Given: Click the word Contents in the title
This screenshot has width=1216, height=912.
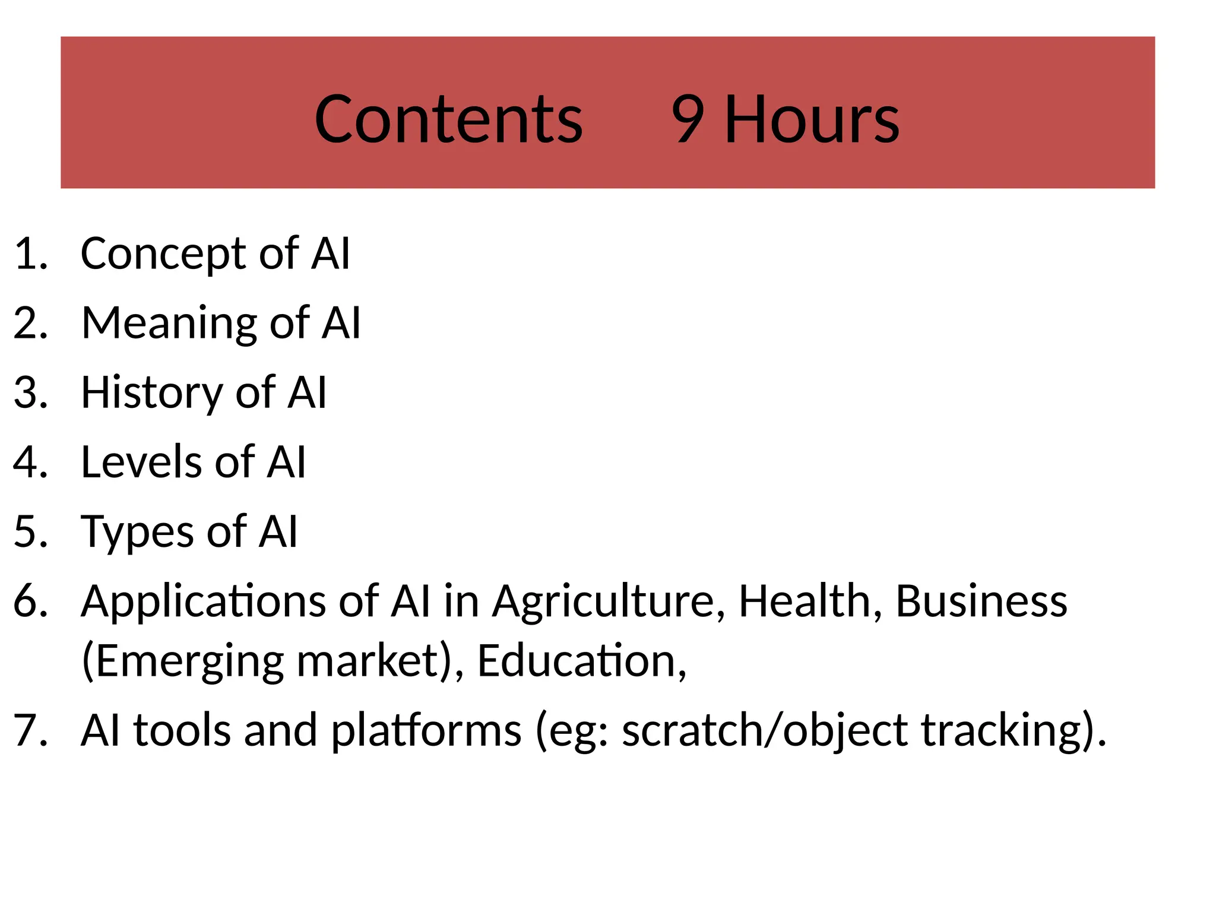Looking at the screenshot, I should coord(448,120).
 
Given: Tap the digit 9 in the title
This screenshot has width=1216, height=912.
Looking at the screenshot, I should coord(688,120).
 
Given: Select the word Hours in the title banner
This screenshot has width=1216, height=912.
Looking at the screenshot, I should coord(812,120).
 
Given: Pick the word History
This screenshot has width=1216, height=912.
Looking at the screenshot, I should coord(152,393).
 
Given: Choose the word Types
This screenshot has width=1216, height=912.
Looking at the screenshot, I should coord(137,532).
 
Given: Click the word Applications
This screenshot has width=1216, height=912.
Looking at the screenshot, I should coord(203,602).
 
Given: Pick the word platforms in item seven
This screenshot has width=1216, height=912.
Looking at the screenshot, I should coord(426,730).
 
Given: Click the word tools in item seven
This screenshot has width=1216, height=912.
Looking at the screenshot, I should coord(182,730).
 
